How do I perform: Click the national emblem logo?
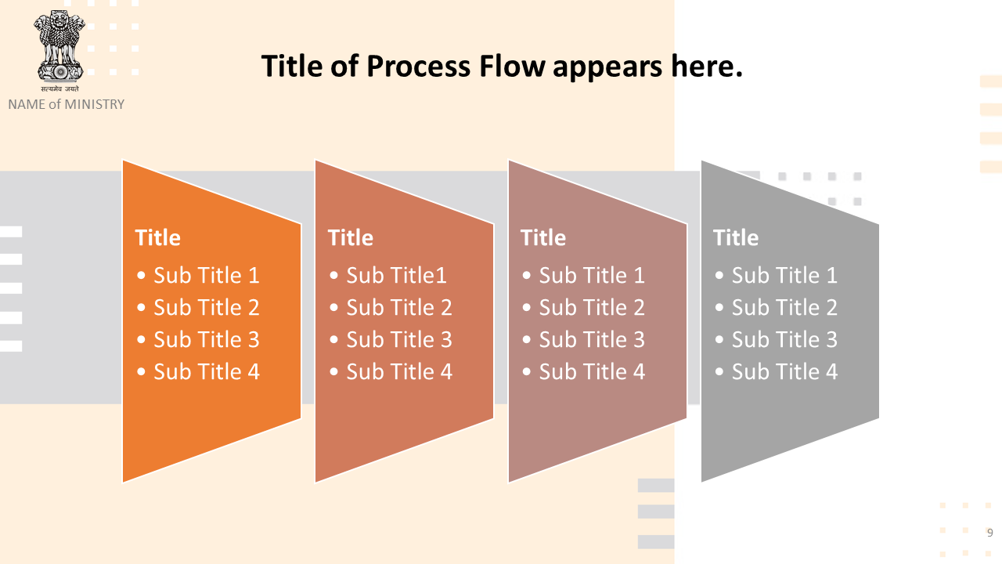[59, 51]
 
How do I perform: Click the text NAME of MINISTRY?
[67, 104]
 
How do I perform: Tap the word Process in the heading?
[419, 67]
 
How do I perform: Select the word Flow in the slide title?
[512, 66]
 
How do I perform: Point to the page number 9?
[990, 533]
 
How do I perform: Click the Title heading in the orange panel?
[158, 237]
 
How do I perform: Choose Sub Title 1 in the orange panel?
[206, 275]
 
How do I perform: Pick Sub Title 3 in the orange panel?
[206, 340]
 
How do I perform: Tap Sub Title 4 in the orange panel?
[206, 372]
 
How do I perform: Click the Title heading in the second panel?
[351, 237]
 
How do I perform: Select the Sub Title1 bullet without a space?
[396, 275]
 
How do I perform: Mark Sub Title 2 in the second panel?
[399, 308]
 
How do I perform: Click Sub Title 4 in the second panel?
[399, 372]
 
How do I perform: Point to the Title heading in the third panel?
[543, 237]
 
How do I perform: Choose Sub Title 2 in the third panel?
[592, 308]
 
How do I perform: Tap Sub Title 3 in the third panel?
[592, 340]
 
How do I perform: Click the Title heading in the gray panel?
[736, 237]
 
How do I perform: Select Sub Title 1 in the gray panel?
[784, 275]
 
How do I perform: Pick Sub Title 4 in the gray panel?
[784, 372]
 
